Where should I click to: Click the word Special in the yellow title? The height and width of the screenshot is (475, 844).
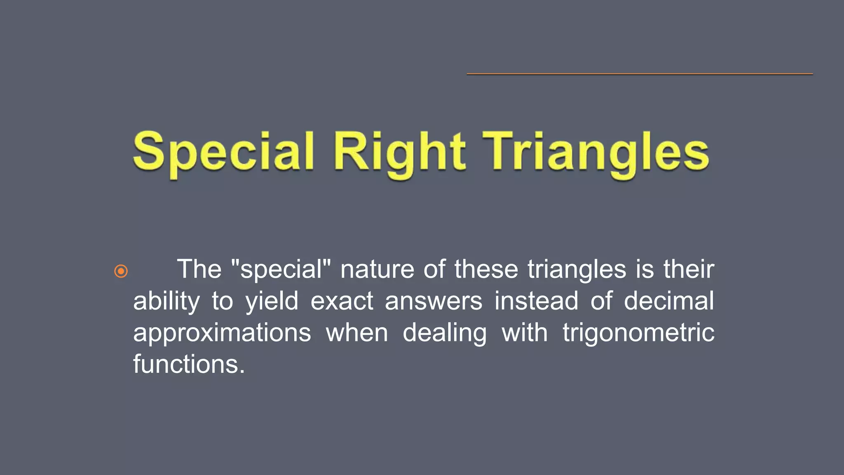coord(224,153)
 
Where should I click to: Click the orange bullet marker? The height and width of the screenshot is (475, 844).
coord(121,271)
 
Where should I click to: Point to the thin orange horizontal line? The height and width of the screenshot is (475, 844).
coord(639,74)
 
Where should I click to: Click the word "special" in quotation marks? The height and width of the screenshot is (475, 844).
coord(281,269)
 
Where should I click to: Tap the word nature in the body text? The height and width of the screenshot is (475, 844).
coord(377,269)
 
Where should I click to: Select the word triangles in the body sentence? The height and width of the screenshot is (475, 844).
coord(577,269)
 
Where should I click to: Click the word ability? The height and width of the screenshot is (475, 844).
coord(166,301)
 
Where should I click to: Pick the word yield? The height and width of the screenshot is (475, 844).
coord(272,301)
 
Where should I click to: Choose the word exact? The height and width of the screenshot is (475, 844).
coord(342,301)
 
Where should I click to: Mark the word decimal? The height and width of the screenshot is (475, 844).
coord(668,301)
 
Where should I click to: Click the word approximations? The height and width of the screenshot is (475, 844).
coord(222,333)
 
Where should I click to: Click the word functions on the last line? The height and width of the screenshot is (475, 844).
coord(189,364)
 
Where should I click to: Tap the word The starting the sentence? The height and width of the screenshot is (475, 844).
coord(199,269)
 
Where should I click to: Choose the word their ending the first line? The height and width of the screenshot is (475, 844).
coord(689,269)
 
